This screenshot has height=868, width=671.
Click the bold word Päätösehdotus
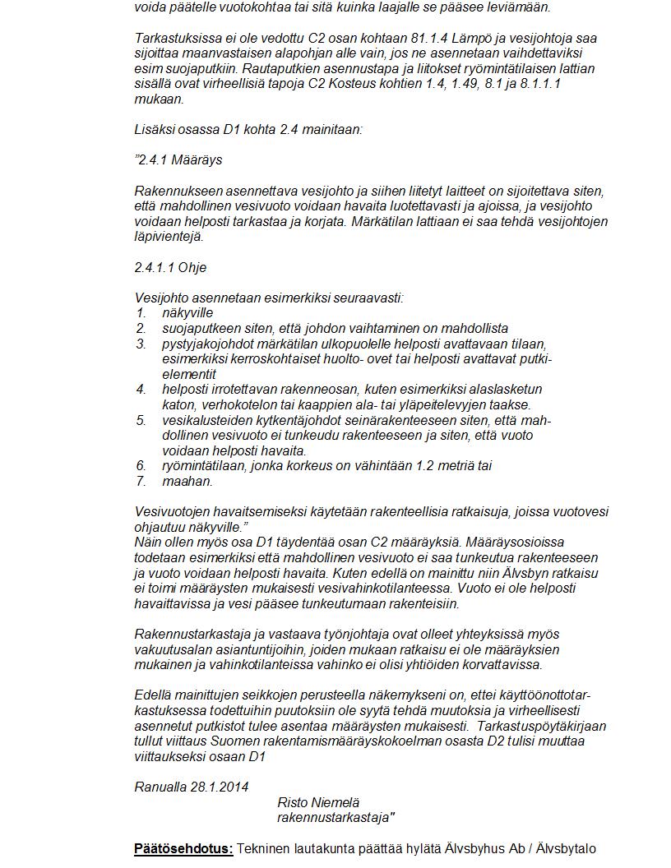pos(183,849)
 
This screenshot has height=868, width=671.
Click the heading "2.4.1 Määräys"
pos(178,159)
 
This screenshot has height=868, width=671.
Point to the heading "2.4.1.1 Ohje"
pos(170,268)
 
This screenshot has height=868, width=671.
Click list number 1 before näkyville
pos(141,313)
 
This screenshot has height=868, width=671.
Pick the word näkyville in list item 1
pos(187,313)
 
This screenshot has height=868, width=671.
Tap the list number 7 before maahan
pos(141,481)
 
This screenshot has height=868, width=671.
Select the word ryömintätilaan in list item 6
pos(202,466)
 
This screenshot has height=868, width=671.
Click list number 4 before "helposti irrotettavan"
pos(141,390)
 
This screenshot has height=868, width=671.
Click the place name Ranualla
pos(160,787)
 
